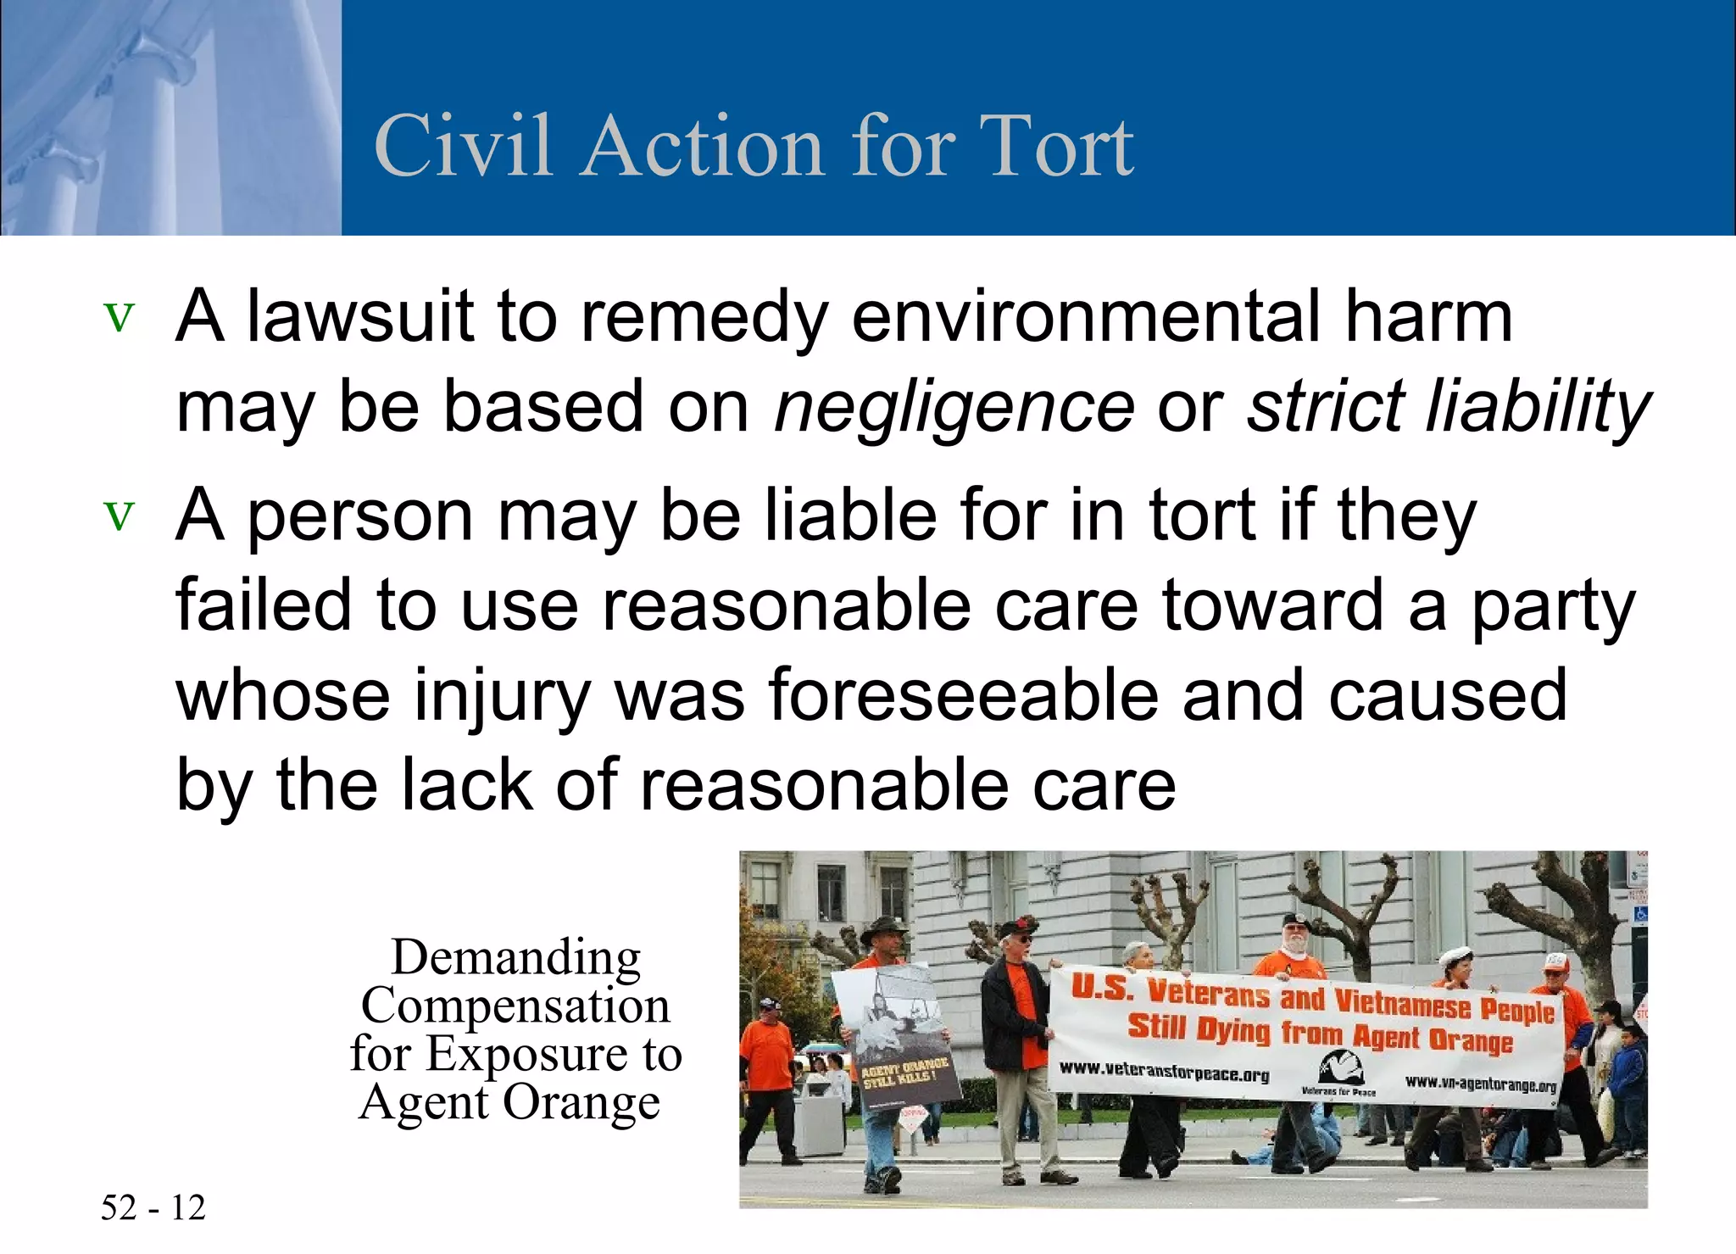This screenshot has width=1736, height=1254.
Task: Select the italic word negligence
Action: [x=954, y=406]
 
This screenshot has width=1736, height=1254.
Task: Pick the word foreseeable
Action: [x=964, y=694]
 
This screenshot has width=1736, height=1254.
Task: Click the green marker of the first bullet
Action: [x=119, y=318]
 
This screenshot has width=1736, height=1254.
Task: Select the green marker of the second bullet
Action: [x=119, y=516]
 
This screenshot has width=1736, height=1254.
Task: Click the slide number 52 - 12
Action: [x=153, y=1207]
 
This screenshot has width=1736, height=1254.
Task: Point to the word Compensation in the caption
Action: [x=515, y=1006]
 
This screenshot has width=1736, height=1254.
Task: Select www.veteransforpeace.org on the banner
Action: [x=1164, y=1073]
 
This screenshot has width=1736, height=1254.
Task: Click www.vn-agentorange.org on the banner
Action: [x=1480, y=1084]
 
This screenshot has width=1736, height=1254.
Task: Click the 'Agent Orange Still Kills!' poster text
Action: [x=904, y=1072]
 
